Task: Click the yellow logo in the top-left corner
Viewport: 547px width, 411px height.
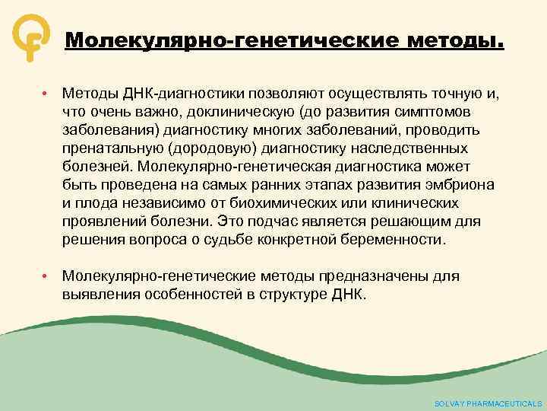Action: (x=28, y=37)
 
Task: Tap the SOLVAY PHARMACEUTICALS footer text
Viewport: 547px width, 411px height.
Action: (x=488, y=403)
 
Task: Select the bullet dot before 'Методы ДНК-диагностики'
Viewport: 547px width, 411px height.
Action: (x=46, y=93)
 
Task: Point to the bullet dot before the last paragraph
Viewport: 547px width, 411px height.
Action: (x=46, y=276)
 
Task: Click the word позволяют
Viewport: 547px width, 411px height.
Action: (x=289, y=93)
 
